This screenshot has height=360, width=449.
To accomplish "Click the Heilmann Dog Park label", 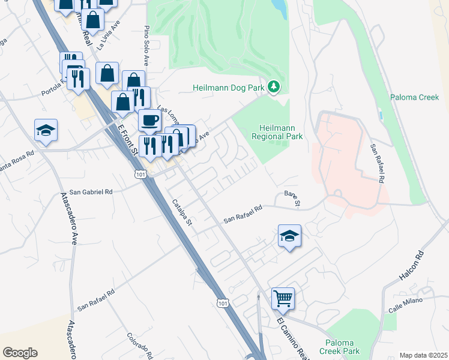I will point(228,88).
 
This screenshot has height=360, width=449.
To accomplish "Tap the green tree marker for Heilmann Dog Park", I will point(274,88).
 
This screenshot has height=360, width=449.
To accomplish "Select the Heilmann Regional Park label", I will point(281,133).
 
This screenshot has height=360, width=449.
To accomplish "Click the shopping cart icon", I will point(283,298).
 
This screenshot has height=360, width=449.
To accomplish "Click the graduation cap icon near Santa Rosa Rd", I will point(46,130).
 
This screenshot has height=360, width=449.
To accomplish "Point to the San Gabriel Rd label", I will point(91,192).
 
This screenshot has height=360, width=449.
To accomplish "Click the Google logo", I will point(20,353).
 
